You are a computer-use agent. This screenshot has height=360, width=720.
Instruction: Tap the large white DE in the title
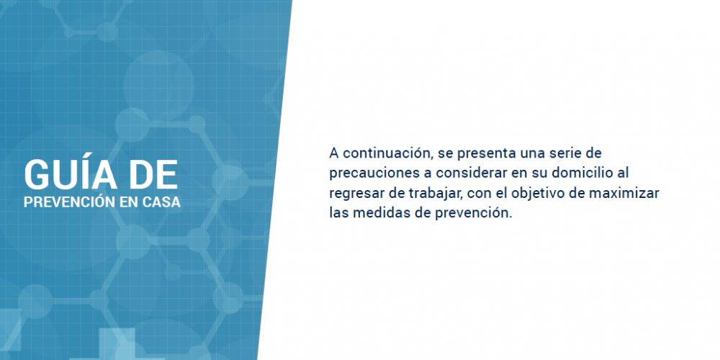pos(154,175)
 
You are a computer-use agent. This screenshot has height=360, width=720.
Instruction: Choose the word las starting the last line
pos(339,213)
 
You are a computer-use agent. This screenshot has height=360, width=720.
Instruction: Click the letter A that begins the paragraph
pos(334,153)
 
